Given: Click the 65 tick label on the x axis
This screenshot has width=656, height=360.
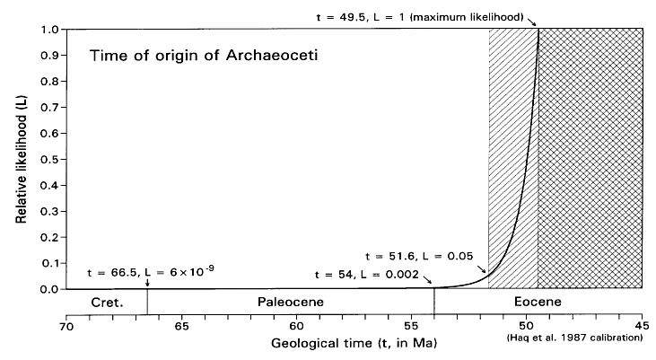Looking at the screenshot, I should pos(182,327).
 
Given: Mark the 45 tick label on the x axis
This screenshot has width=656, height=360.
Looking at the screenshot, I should pos(643,327).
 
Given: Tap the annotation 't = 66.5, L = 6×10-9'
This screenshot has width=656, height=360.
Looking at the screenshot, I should pos(151,269).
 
